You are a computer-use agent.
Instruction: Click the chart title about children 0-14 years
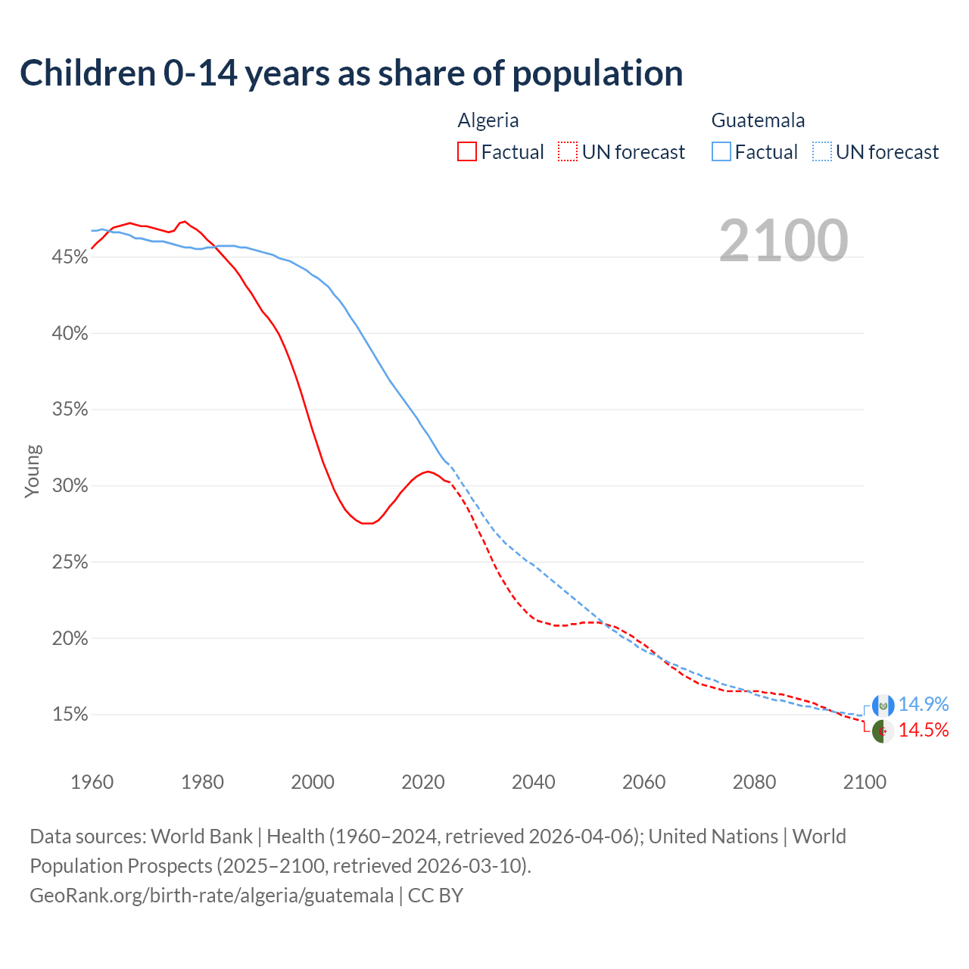pos(351,73)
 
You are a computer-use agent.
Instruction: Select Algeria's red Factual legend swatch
pos(467,152)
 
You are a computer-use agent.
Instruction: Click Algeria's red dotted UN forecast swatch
pos(568,152)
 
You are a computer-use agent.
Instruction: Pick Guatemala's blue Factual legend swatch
pos(721,152)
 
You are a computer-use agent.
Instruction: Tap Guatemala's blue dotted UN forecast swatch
pos(822,152)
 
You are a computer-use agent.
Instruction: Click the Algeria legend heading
pos(488,120)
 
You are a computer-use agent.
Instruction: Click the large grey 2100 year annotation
pos(784,241)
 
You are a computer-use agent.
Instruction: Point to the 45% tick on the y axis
pos(70,257)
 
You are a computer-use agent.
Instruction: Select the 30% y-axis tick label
pos(70,486)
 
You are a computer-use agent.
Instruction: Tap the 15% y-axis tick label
pos(70,715)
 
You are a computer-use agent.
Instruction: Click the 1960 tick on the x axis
pos(92,782)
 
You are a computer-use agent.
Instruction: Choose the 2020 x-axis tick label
pos(422,782)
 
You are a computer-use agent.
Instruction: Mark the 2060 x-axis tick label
pos(643,782)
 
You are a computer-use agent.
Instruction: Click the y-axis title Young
pos(33,471)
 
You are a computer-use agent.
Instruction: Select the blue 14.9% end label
pos(923,704)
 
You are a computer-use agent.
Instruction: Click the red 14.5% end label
pos(923,730)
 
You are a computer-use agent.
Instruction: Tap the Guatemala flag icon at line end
pos(883,706)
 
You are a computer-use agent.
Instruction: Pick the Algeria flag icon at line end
pos(883,731)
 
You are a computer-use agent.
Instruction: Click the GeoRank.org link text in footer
pos(211,896)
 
